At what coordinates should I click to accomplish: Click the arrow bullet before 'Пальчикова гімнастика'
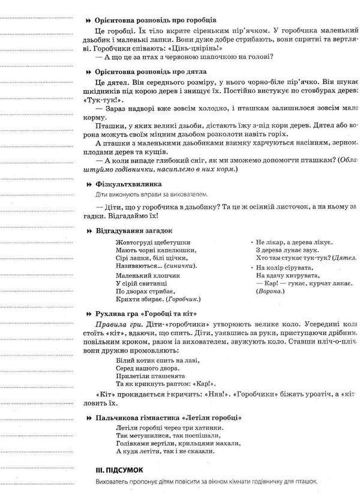89,417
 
